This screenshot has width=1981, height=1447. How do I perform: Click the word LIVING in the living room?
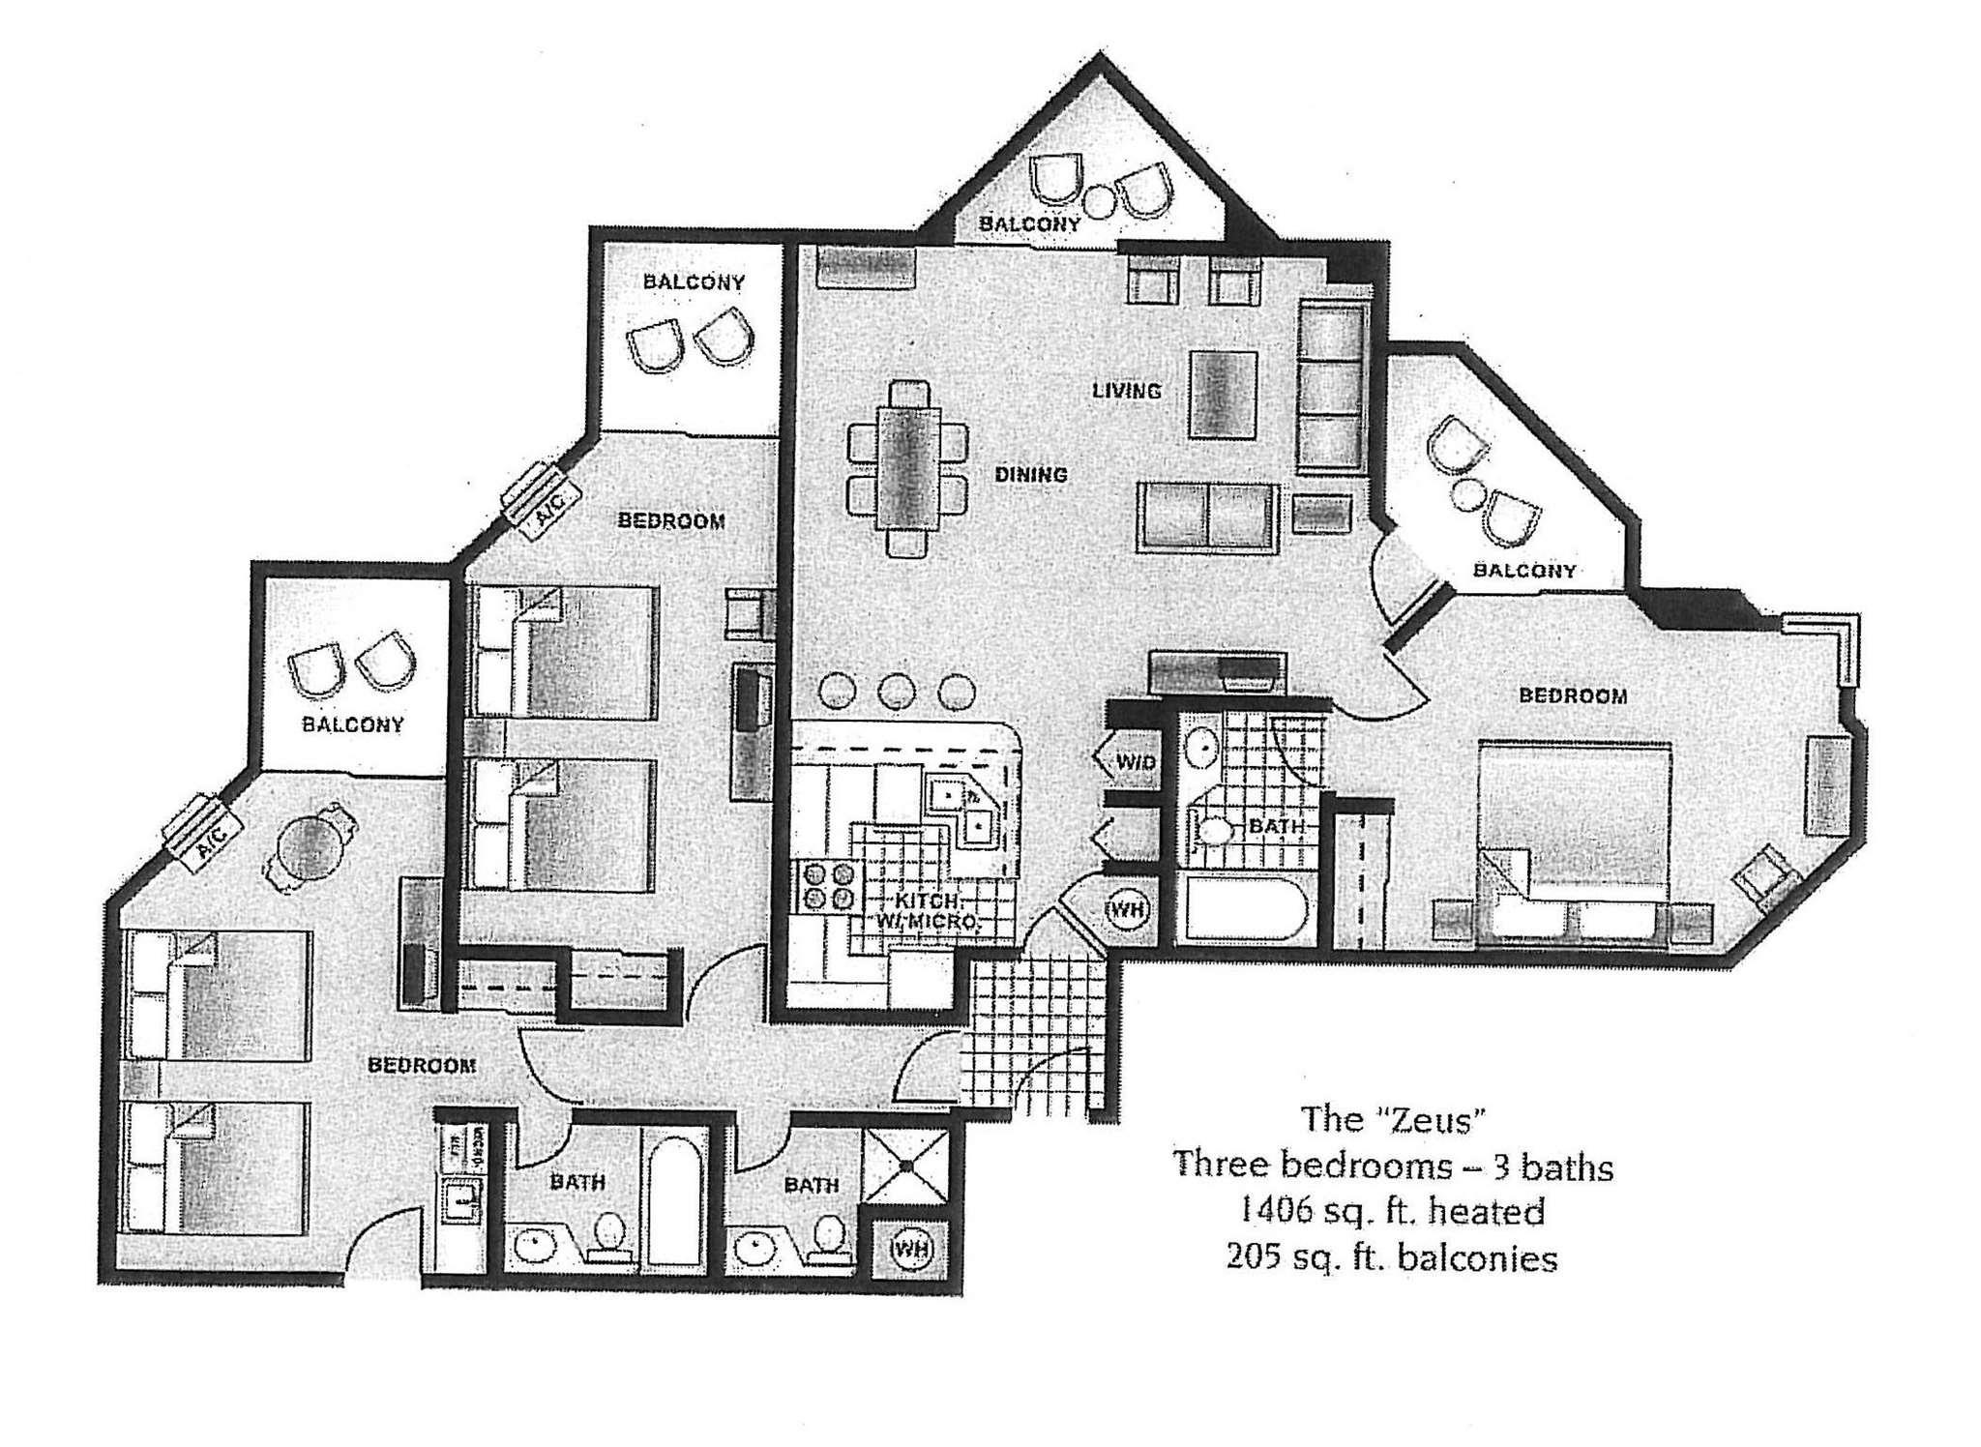pos(1126,391)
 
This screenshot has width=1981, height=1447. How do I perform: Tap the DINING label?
pos(1031,475)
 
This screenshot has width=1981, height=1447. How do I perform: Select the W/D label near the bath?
pos(1135,762)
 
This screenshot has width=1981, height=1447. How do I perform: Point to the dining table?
pos(907,468)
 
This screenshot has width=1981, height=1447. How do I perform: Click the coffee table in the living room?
pos(1224,395)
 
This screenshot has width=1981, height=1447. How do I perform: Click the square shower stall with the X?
pos(906,1166)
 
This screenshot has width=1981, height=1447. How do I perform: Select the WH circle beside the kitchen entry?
pos(1126,910)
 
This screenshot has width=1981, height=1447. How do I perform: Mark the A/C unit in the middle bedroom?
pos(540,500)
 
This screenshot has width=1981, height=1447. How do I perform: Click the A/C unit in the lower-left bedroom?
pos(203,831)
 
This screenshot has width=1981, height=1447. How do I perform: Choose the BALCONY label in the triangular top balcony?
pos(1029,224)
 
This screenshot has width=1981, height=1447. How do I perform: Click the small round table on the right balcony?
pos(1470,495)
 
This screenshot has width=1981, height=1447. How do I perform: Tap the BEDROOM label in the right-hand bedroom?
pos(1572,695)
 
